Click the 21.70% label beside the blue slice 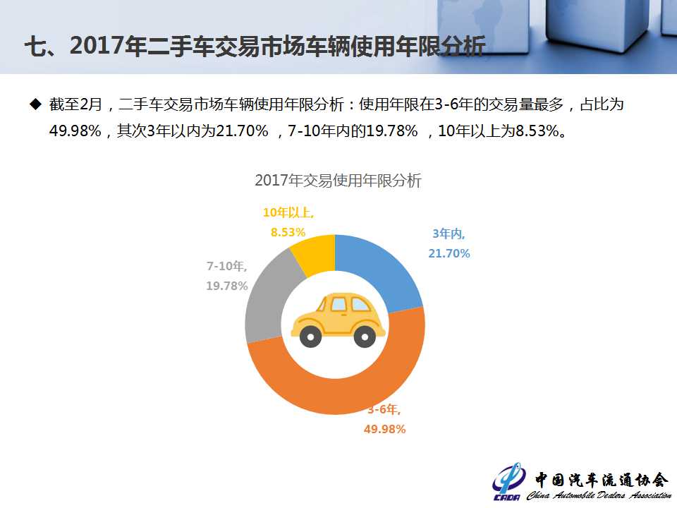click(449, 253)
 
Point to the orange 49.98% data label click(384, 429)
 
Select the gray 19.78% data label click(227, 286)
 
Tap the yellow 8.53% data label click(288, 231)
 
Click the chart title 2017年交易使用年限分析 click(338, 181)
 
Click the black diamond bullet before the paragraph click(35, 104)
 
